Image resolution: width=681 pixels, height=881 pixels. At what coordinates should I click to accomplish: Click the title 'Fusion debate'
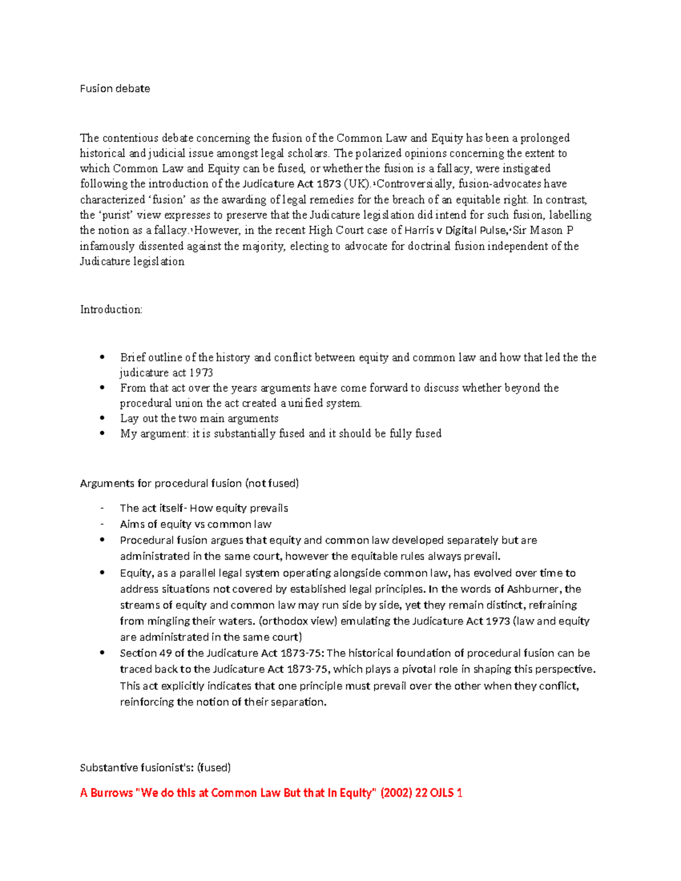pyautogui.click(x=115, y=88)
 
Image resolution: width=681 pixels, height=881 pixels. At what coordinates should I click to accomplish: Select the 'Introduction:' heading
pyautogui.click(x=111, y=310)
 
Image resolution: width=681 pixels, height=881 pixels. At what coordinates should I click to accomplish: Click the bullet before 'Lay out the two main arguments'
pyautogui.click(x=102, y=419)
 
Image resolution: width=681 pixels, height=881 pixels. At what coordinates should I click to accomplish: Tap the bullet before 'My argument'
pyautogui.click(x=102, y=434)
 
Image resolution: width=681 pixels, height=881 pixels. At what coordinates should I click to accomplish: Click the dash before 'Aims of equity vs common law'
pyautogui.click(x=102, y=525)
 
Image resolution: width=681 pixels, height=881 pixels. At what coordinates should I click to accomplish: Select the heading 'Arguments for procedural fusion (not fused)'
pyautogui.click(x=189, y=483)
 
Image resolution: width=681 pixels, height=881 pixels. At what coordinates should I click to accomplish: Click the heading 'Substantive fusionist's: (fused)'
pyautogui.click(x=155, y=768)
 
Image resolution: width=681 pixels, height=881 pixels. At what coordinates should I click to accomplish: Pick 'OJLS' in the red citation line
pyautogui.click(x=442, y=793)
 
